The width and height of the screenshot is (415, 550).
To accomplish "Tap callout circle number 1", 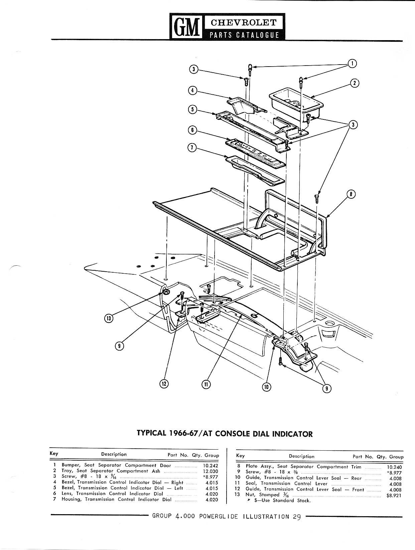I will tap(352, 63).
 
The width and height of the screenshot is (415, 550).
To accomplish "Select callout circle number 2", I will tap(355, 83).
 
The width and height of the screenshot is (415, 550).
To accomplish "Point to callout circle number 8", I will tap(351, 194).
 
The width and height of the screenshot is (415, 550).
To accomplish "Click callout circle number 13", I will tap(109, 318).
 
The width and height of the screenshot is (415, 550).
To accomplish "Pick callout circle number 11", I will tap(206, 385).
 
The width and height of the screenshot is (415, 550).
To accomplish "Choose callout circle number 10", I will tap(267, 387).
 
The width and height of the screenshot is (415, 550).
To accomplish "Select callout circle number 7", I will tap(192, 149).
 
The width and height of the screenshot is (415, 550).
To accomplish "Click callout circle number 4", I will tap(192, 90).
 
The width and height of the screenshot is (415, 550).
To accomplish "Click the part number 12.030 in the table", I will tap(211, 471).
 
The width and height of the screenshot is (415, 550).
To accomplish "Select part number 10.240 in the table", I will tap(394, 467).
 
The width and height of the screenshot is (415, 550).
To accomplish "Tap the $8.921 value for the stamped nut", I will tap(394, 495).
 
